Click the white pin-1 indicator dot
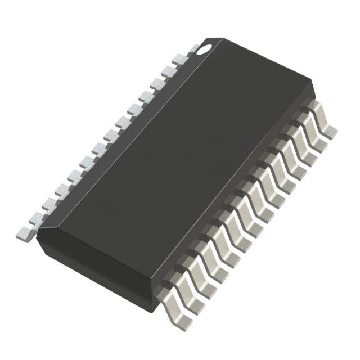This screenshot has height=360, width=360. tap(201, 49)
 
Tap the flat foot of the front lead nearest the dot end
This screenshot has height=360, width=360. tap(331, 132)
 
